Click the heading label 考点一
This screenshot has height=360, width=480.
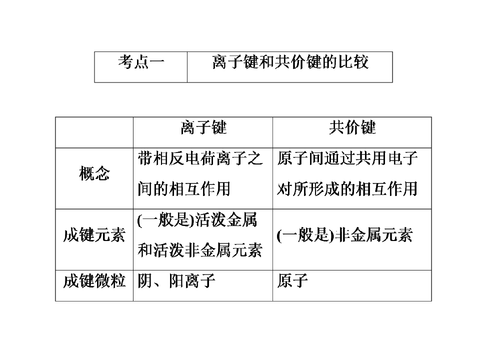141,62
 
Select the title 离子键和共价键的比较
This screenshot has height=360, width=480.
290,62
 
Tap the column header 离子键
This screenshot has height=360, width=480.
203,127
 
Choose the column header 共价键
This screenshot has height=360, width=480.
352,127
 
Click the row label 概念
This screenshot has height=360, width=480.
94,173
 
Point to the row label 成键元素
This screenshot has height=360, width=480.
94,235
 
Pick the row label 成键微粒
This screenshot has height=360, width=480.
94,281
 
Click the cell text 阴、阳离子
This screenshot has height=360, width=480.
176,281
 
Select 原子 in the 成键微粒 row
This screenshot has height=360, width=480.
292,281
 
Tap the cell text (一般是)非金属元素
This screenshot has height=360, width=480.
344,235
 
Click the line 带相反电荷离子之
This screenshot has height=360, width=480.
200,158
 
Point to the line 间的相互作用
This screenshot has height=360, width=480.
184,189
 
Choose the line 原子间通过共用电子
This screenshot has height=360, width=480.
347,158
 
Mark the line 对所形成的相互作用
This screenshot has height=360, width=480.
347,189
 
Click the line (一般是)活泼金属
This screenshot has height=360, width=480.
197,220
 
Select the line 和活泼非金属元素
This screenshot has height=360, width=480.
200,250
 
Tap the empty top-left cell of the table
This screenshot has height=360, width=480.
94,132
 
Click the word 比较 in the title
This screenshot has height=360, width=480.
353,62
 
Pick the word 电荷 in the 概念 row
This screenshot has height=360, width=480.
200,158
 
